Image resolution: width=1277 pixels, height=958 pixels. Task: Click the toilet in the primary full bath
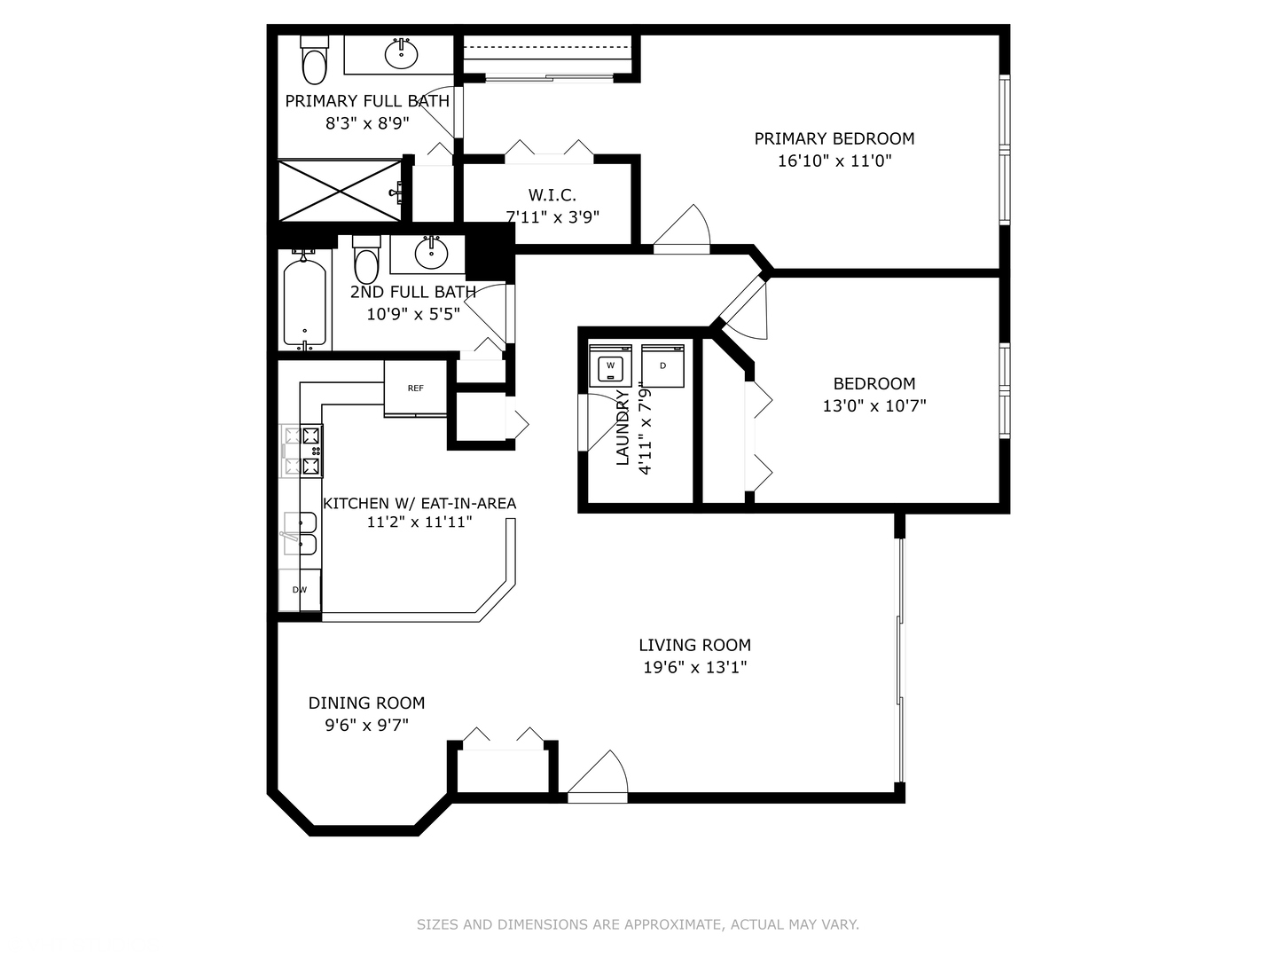(314, 60)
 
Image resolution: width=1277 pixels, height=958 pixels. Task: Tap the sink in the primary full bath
(401, 54)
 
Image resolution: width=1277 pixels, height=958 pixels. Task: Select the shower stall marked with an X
(341, 191)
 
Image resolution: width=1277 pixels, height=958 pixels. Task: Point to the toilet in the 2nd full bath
(366, 259)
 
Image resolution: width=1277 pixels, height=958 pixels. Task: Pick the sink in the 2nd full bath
(431, 253)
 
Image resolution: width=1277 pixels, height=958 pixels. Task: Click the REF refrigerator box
(415, 388)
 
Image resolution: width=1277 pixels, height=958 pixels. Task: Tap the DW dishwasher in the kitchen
(300, 590)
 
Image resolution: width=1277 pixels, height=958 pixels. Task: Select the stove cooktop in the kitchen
(302, 451)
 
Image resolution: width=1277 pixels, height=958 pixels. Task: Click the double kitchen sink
(300, 533)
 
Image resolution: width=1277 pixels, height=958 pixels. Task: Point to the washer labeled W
(610, 365)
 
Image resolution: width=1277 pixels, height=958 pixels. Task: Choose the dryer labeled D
(662, 365)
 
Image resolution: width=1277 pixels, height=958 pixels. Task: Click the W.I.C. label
(552, 194)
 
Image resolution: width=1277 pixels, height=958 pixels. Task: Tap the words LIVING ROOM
(694, 645)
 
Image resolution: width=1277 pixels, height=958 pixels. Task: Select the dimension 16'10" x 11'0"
(834, 161)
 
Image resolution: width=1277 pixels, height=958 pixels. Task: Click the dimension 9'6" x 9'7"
(366, 726)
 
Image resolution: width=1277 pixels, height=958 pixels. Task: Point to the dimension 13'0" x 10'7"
(874, 405)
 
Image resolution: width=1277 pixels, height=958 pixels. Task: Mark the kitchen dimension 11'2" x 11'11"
(419, 522)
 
